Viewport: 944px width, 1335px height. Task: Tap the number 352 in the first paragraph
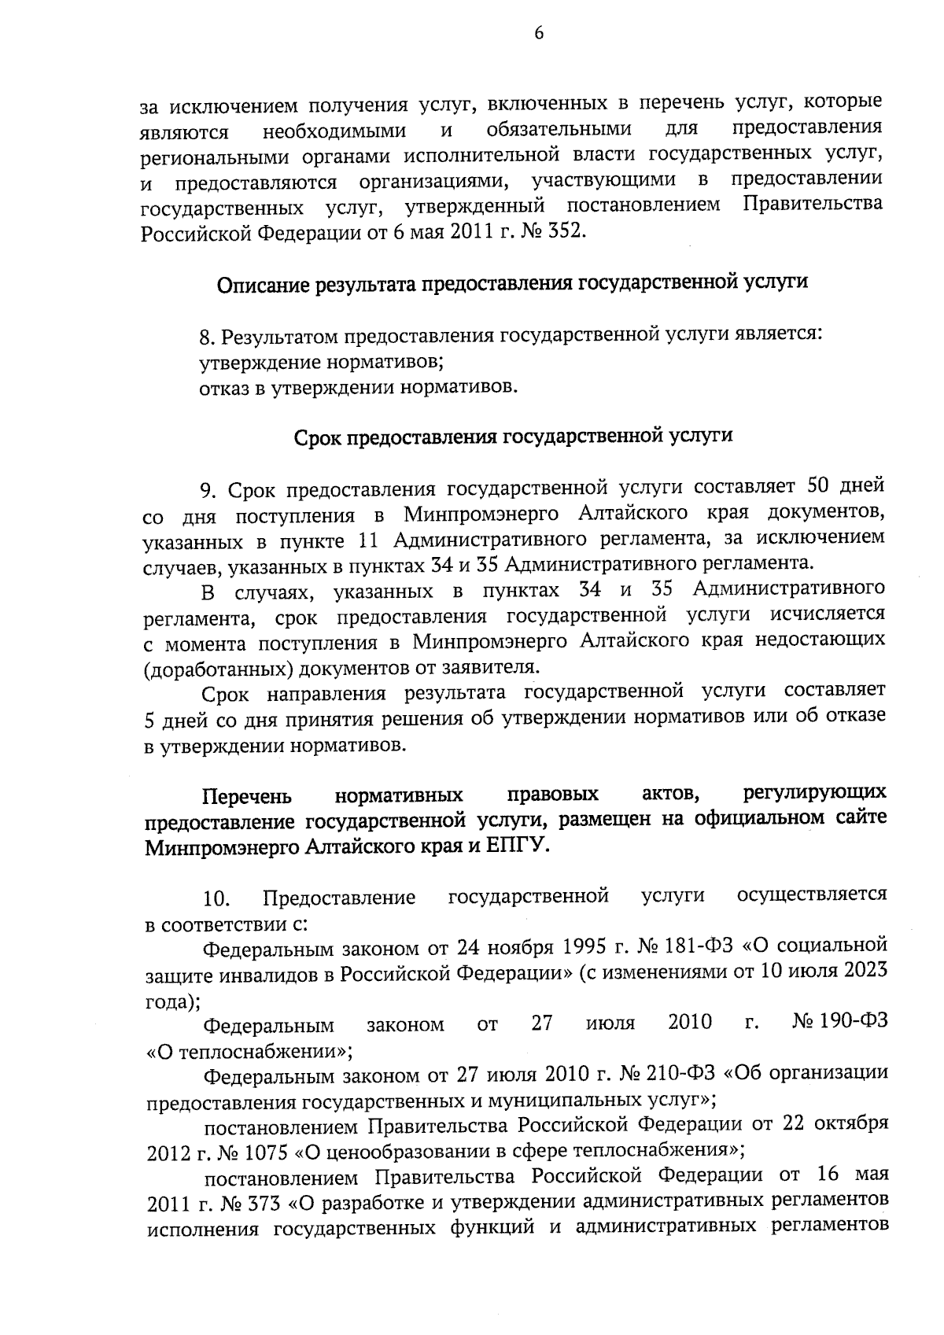[x=566, y=233]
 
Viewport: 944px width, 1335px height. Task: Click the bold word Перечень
[x=247, y=796]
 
